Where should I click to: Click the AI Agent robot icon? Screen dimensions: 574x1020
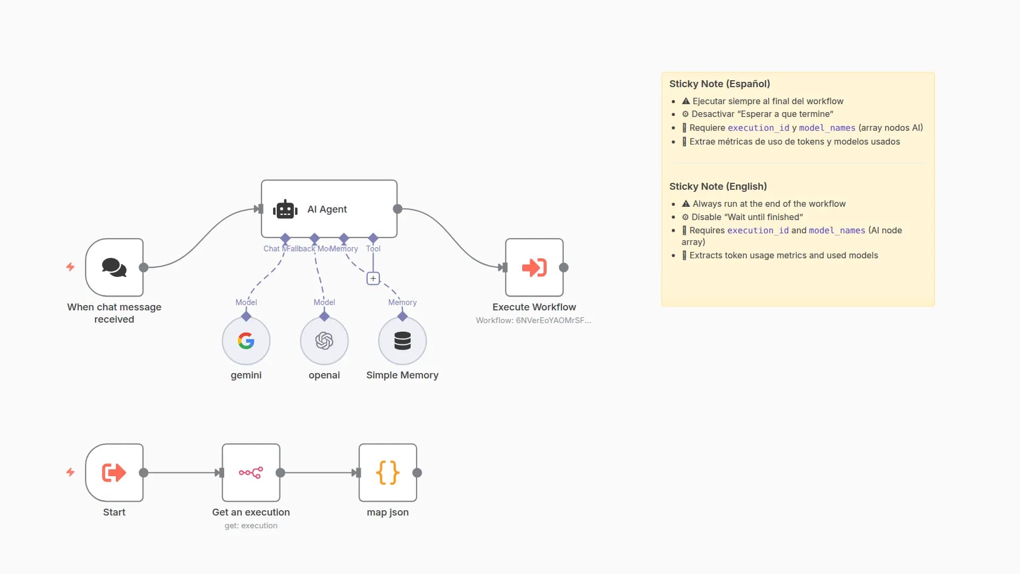[285, 210]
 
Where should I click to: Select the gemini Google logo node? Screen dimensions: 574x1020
[246, 341]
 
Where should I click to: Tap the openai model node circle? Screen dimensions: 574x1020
[324, 341]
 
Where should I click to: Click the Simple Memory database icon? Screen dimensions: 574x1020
[402, 341]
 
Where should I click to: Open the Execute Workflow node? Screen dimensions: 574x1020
[534, 267]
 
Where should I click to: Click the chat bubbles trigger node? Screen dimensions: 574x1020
[114, 267]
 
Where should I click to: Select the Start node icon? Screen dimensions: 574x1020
[114, 472]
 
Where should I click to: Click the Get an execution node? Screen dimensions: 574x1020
[251, 472]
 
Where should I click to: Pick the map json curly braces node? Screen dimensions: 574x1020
[387, 472]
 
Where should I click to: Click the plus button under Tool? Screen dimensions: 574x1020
[373, 278]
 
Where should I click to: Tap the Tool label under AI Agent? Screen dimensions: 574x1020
[373, 249]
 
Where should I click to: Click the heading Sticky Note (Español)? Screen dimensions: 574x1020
[719, 84]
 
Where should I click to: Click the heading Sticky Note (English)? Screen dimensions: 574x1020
[718, 187]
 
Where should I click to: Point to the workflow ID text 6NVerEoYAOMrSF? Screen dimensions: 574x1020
[552, 320]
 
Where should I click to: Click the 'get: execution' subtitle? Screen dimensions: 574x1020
[251, 526]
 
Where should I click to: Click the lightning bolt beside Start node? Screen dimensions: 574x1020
[70, 472]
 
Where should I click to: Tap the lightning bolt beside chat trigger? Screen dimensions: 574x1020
[70, 267]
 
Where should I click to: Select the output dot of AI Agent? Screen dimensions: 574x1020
[397, 209]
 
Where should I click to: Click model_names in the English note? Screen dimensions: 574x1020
[837, 231]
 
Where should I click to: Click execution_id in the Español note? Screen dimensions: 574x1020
[758, 128]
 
